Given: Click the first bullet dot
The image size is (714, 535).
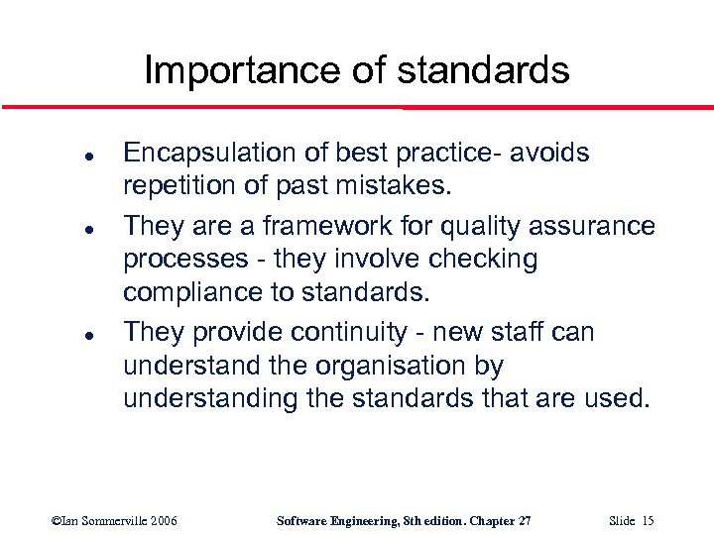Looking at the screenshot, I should click(x=61, y=156).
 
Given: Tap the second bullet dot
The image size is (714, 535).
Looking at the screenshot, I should click(x=61, y=229).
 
